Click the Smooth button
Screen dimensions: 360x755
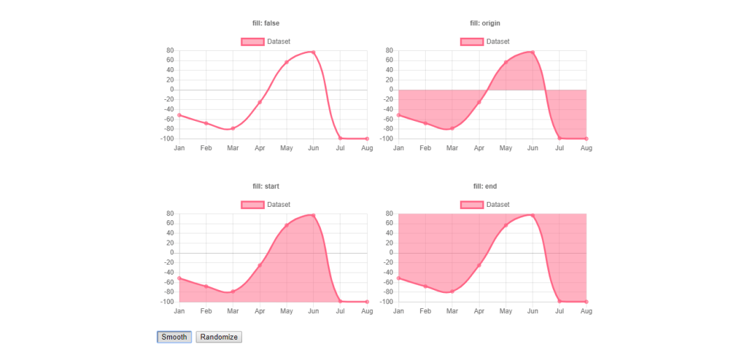(x=174, y=337)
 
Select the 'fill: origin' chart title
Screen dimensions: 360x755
(x=484, y=23)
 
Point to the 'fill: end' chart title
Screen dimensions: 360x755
(x=484, y=186)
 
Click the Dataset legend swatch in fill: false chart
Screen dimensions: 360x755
(x=252, y=42)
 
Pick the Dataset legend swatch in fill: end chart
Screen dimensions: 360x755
(x=472, y=205)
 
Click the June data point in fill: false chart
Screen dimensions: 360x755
(x=313, y=52)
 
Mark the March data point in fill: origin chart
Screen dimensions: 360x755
(x=452, y=128)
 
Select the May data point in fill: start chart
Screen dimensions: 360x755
(x=287, y=225)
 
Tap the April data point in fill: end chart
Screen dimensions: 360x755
(x=479, y=265)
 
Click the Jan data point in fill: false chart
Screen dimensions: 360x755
(x=180, y=115)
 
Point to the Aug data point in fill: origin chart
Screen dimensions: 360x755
(x=586, y=138)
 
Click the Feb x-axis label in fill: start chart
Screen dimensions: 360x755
(x=206, y=311)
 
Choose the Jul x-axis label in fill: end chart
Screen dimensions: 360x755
(x=559, y=311)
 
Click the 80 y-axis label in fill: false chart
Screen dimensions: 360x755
(x=169, y=50)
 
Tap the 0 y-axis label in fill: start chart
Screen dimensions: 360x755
(x=171, y=253)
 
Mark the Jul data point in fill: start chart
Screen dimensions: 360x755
(x=340, y=301)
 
